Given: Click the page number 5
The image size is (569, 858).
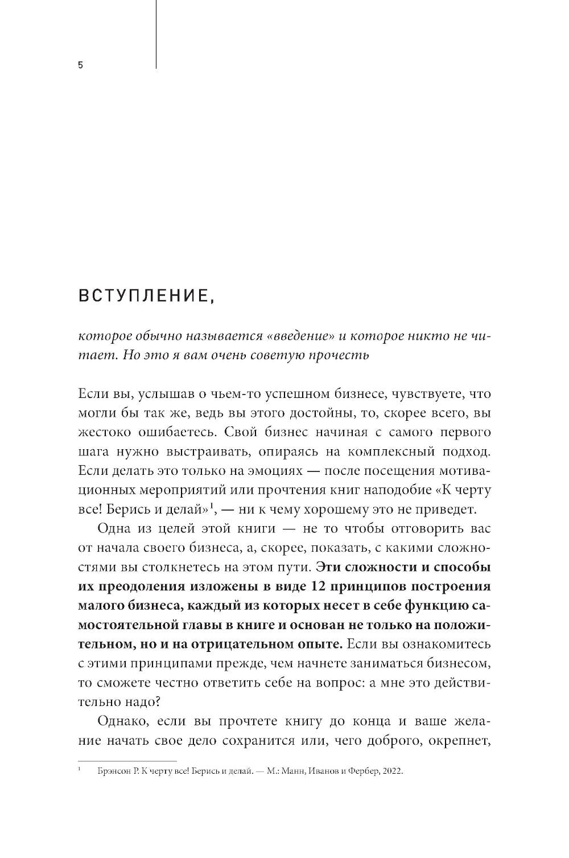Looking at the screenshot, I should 80,65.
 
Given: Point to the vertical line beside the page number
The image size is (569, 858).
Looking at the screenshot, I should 156,34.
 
